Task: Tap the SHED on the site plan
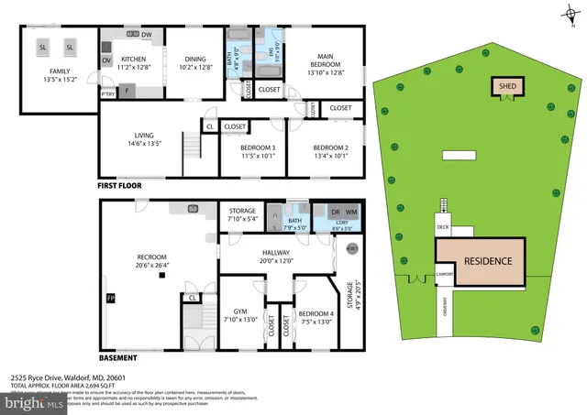506,86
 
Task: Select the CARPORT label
446,273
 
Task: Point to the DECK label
443,226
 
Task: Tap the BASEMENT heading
118,358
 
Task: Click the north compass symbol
563,11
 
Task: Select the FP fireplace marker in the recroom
111,299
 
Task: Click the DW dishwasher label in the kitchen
146,35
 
